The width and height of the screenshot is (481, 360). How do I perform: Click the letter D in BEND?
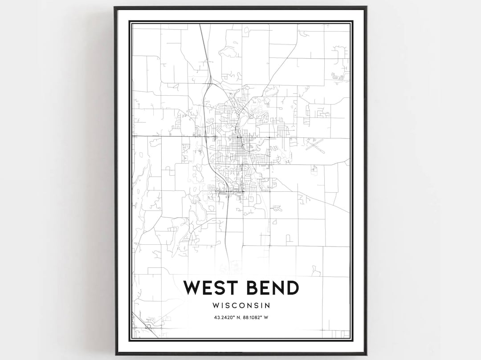tap(292, 288)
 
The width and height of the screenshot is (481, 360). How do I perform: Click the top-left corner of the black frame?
tap(115, 8)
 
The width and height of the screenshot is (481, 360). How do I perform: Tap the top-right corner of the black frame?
tap(366, 8)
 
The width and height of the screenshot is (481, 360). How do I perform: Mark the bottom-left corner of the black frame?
tap(115, 354)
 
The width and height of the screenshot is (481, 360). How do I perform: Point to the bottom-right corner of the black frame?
tap(366, 354)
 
